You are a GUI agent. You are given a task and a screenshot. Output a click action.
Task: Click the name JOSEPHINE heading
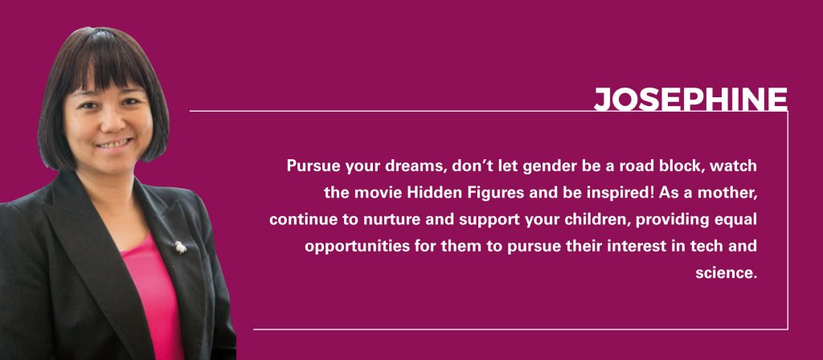click(x=690, y=99)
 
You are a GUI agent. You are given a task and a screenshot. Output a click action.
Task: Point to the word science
click(x=727, y=273)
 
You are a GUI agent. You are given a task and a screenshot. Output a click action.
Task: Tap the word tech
click(x=709, y=246)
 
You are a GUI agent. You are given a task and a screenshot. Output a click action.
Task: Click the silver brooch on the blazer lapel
click(x=180, y=247)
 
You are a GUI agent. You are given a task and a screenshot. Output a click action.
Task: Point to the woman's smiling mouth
click(x=113, y=143)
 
